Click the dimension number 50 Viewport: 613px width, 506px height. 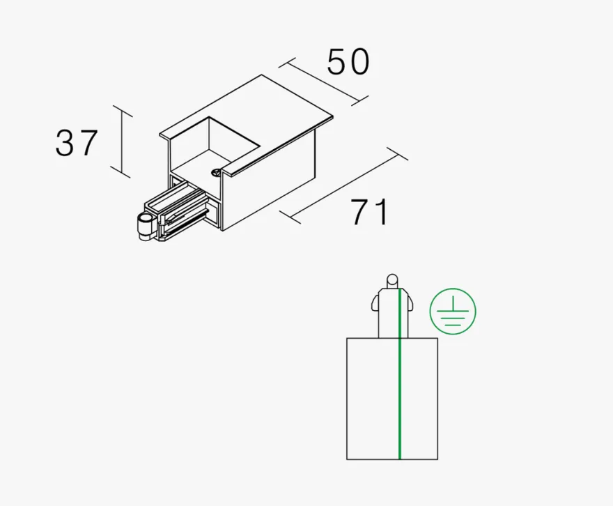(348, 62)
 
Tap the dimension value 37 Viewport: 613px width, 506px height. (76, 143)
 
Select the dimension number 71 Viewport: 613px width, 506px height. (369, 212)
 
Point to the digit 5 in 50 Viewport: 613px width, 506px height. (336, 62)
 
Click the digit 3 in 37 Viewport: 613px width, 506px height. (65, 143)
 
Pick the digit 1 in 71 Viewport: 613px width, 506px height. (380, 212)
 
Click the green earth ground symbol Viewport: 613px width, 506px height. (453, 312)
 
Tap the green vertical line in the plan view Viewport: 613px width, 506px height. (400, 374)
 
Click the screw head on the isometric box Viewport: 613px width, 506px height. (215, 171)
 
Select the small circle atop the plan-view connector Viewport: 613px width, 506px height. (392, 280)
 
